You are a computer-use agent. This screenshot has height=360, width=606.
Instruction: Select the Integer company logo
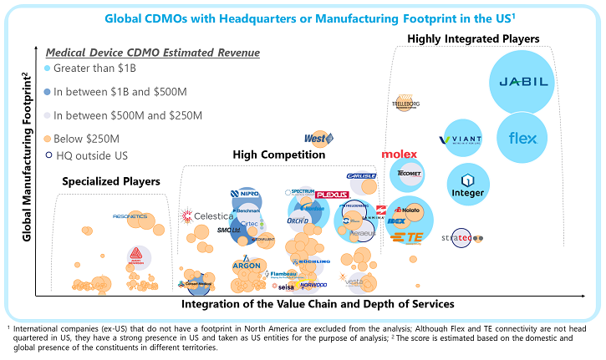tap(467, 185)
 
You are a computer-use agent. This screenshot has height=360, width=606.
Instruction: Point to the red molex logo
tap(400, 155)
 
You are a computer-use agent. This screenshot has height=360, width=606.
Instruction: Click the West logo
tap(319, 139)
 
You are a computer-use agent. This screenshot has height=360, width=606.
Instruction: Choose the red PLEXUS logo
tap(332, 195)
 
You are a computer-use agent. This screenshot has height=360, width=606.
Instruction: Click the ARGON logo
tap(246, 265)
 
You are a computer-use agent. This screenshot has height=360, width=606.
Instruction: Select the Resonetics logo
tap(130, 216)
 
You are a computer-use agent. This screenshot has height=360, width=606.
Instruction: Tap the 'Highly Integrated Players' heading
tap(473, 39)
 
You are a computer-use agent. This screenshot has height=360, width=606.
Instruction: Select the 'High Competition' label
tap(279, 155)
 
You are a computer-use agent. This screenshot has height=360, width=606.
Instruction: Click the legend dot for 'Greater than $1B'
tap(48, 68)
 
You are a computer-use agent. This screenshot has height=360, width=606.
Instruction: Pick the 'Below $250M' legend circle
tap(48, 139)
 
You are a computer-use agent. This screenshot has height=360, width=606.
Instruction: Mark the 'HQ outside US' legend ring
tap(48, 155)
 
